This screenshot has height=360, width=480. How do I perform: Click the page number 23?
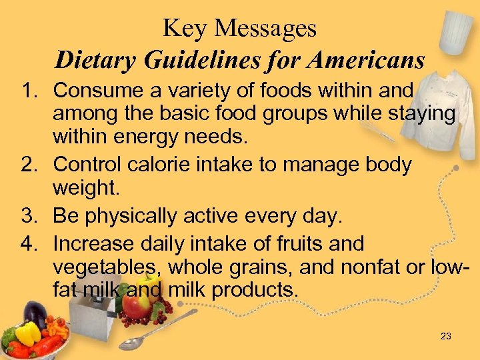(446, 336)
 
